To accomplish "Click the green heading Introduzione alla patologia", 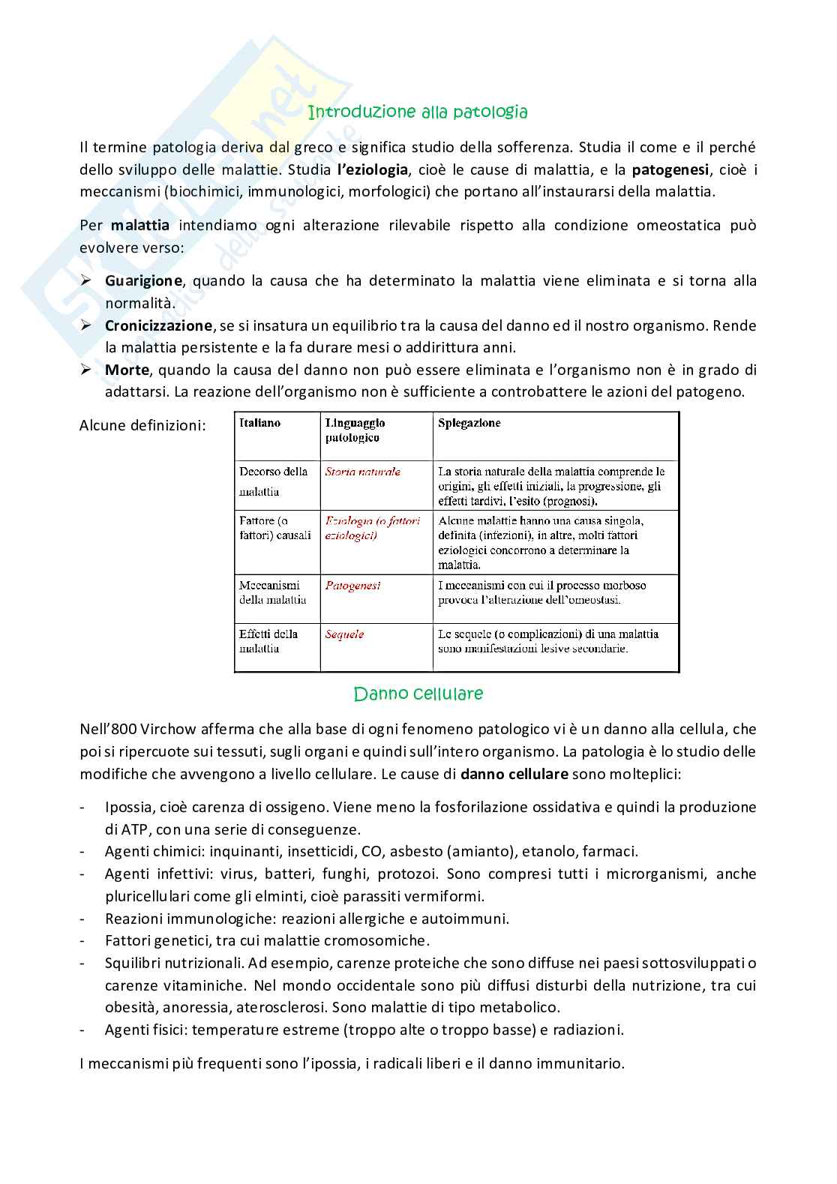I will (x=418, y=112).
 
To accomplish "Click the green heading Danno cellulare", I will (x=418, y=694).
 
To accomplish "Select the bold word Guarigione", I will (x=143, y=281).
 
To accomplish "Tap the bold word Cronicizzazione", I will (x=158, y=326).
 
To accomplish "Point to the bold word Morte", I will (x=127, y=370).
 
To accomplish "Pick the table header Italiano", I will (x=259, y=424).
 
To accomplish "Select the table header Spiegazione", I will (x=469, y=424).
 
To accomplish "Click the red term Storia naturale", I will (x=362, y=472).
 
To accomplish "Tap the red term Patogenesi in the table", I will (x=352, y=586).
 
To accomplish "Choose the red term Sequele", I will (x=344, y=634).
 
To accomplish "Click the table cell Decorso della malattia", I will (x=273, y=481).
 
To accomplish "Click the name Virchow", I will (x=167, y=729).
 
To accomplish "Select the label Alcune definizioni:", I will (x=142, y=425).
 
